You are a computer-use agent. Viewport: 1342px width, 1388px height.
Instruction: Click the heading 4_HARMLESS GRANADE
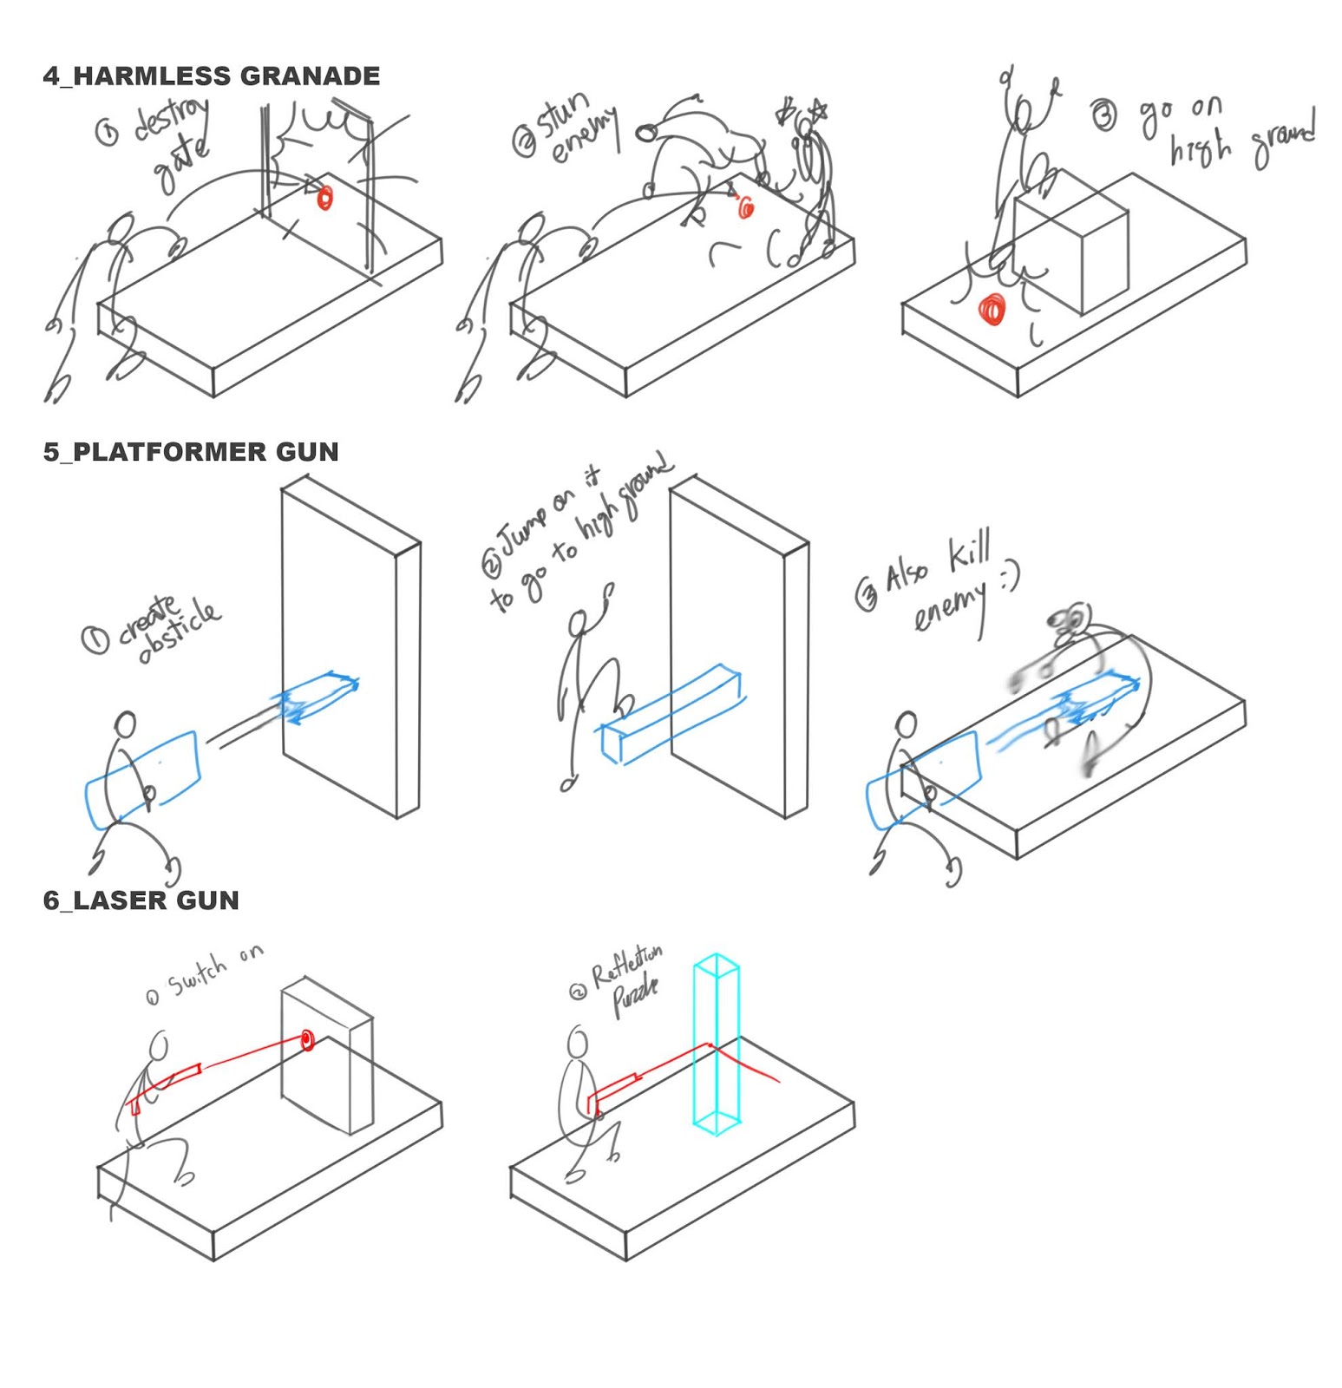click(x=211, y=76)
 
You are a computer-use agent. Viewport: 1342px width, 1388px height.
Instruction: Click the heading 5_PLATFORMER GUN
click(x=191, y=452)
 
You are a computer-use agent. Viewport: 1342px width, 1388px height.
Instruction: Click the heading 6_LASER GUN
click(x=141, y=900)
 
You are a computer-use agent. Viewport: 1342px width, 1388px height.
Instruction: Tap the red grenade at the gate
click(x=324, y=197)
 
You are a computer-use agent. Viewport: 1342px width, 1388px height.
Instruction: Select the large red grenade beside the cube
click(x=992, y=310)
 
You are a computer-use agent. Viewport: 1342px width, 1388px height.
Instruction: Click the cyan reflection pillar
click(x=717, y=1041)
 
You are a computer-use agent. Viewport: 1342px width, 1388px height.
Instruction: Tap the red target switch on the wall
click(x=306, y=1039)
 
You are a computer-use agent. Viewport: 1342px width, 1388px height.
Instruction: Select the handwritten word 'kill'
click(x=969, y=553)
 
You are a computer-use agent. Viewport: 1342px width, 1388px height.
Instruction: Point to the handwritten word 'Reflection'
click(x=626, y=964)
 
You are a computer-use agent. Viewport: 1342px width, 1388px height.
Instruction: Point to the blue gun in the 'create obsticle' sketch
click(x=141, y=778)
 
